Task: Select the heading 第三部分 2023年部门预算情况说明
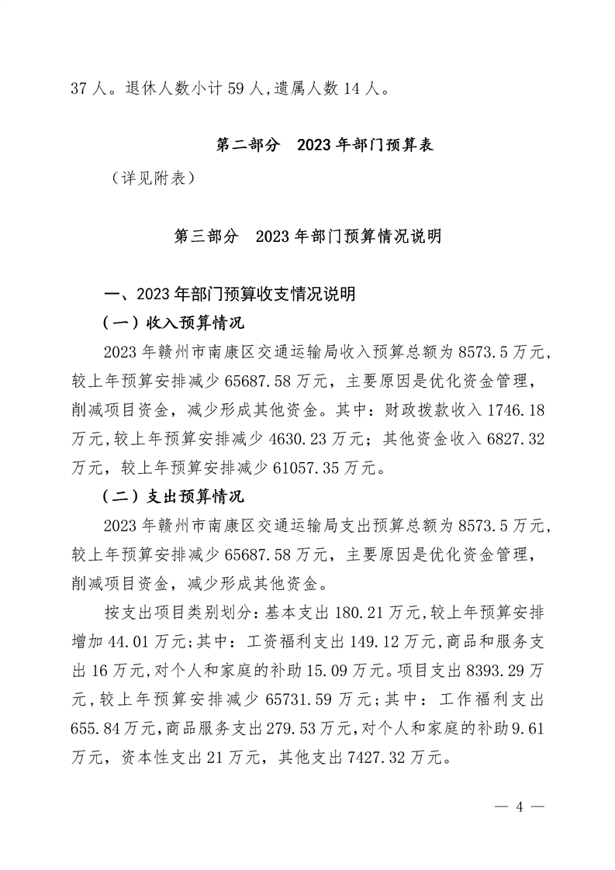[x=308, y=236]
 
